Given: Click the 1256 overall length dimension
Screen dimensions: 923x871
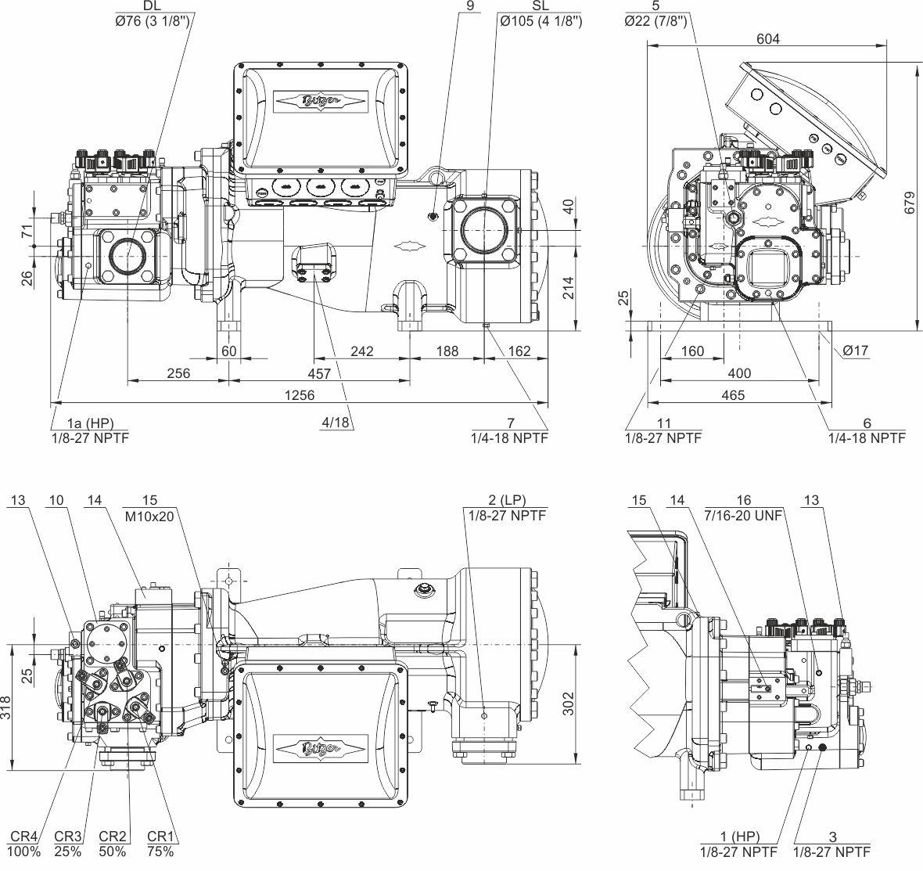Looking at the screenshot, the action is coord(299,395).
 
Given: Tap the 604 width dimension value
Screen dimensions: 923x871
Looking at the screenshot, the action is coord(767,39).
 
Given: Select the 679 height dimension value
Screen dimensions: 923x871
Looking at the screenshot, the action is coord(910,203).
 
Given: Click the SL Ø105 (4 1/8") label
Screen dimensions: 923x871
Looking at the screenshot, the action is coord(541,14).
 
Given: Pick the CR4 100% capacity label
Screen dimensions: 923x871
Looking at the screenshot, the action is coord(25,844).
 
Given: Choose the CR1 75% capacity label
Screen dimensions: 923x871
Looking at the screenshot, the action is coord(160,844).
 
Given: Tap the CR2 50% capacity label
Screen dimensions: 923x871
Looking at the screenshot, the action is coord(113,844).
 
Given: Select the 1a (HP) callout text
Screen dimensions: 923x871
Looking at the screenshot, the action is coord(90,423).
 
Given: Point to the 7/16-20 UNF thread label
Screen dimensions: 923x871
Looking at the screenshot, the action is coord(743,515).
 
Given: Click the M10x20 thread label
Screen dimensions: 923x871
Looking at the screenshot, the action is coord(150,515).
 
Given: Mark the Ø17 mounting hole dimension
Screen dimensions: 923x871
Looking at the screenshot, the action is coord(855,351).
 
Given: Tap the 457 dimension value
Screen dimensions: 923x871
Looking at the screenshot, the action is coord(319,373).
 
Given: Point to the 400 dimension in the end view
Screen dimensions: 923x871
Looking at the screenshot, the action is coord(739,373).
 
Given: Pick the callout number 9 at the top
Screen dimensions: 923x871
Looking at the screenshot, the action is coord(469,5).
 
